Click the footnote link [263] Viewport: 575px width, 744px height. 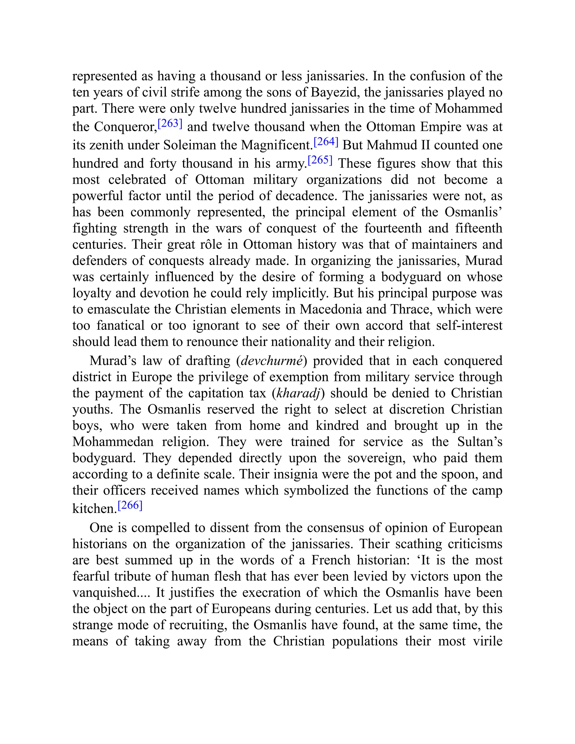tap(170, 123)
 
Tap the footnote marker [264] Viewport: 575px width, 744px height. tap(326, 142)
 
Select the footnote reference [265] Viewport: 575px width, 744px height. tap(320, 160)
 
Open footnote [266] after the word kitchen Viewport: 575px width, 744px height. tap(130, 505)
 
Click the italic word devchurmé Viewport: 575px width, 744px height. tap(271, 361)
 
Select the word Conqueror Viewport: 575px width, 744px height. tap(124, 127)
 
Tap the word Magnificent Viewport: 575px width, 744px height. tap(276, 145)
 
